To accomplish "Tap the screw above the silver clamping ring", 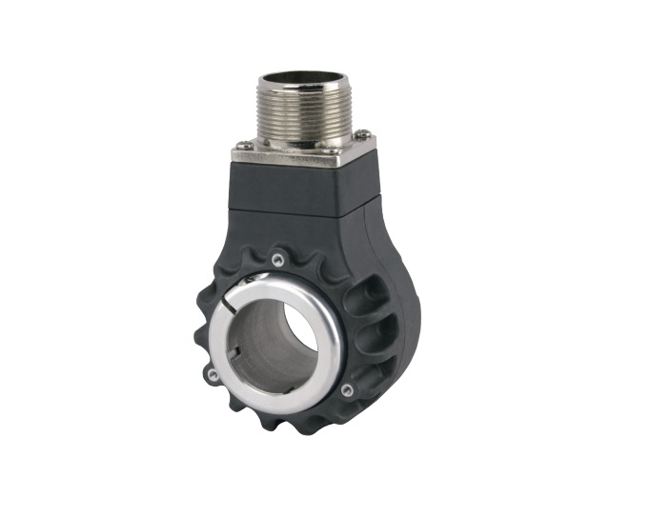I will tap(276, 259).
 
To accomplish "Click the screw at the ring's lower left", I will tap(213, 374).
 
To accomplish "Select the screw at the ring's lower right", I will tap(347, 389).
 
